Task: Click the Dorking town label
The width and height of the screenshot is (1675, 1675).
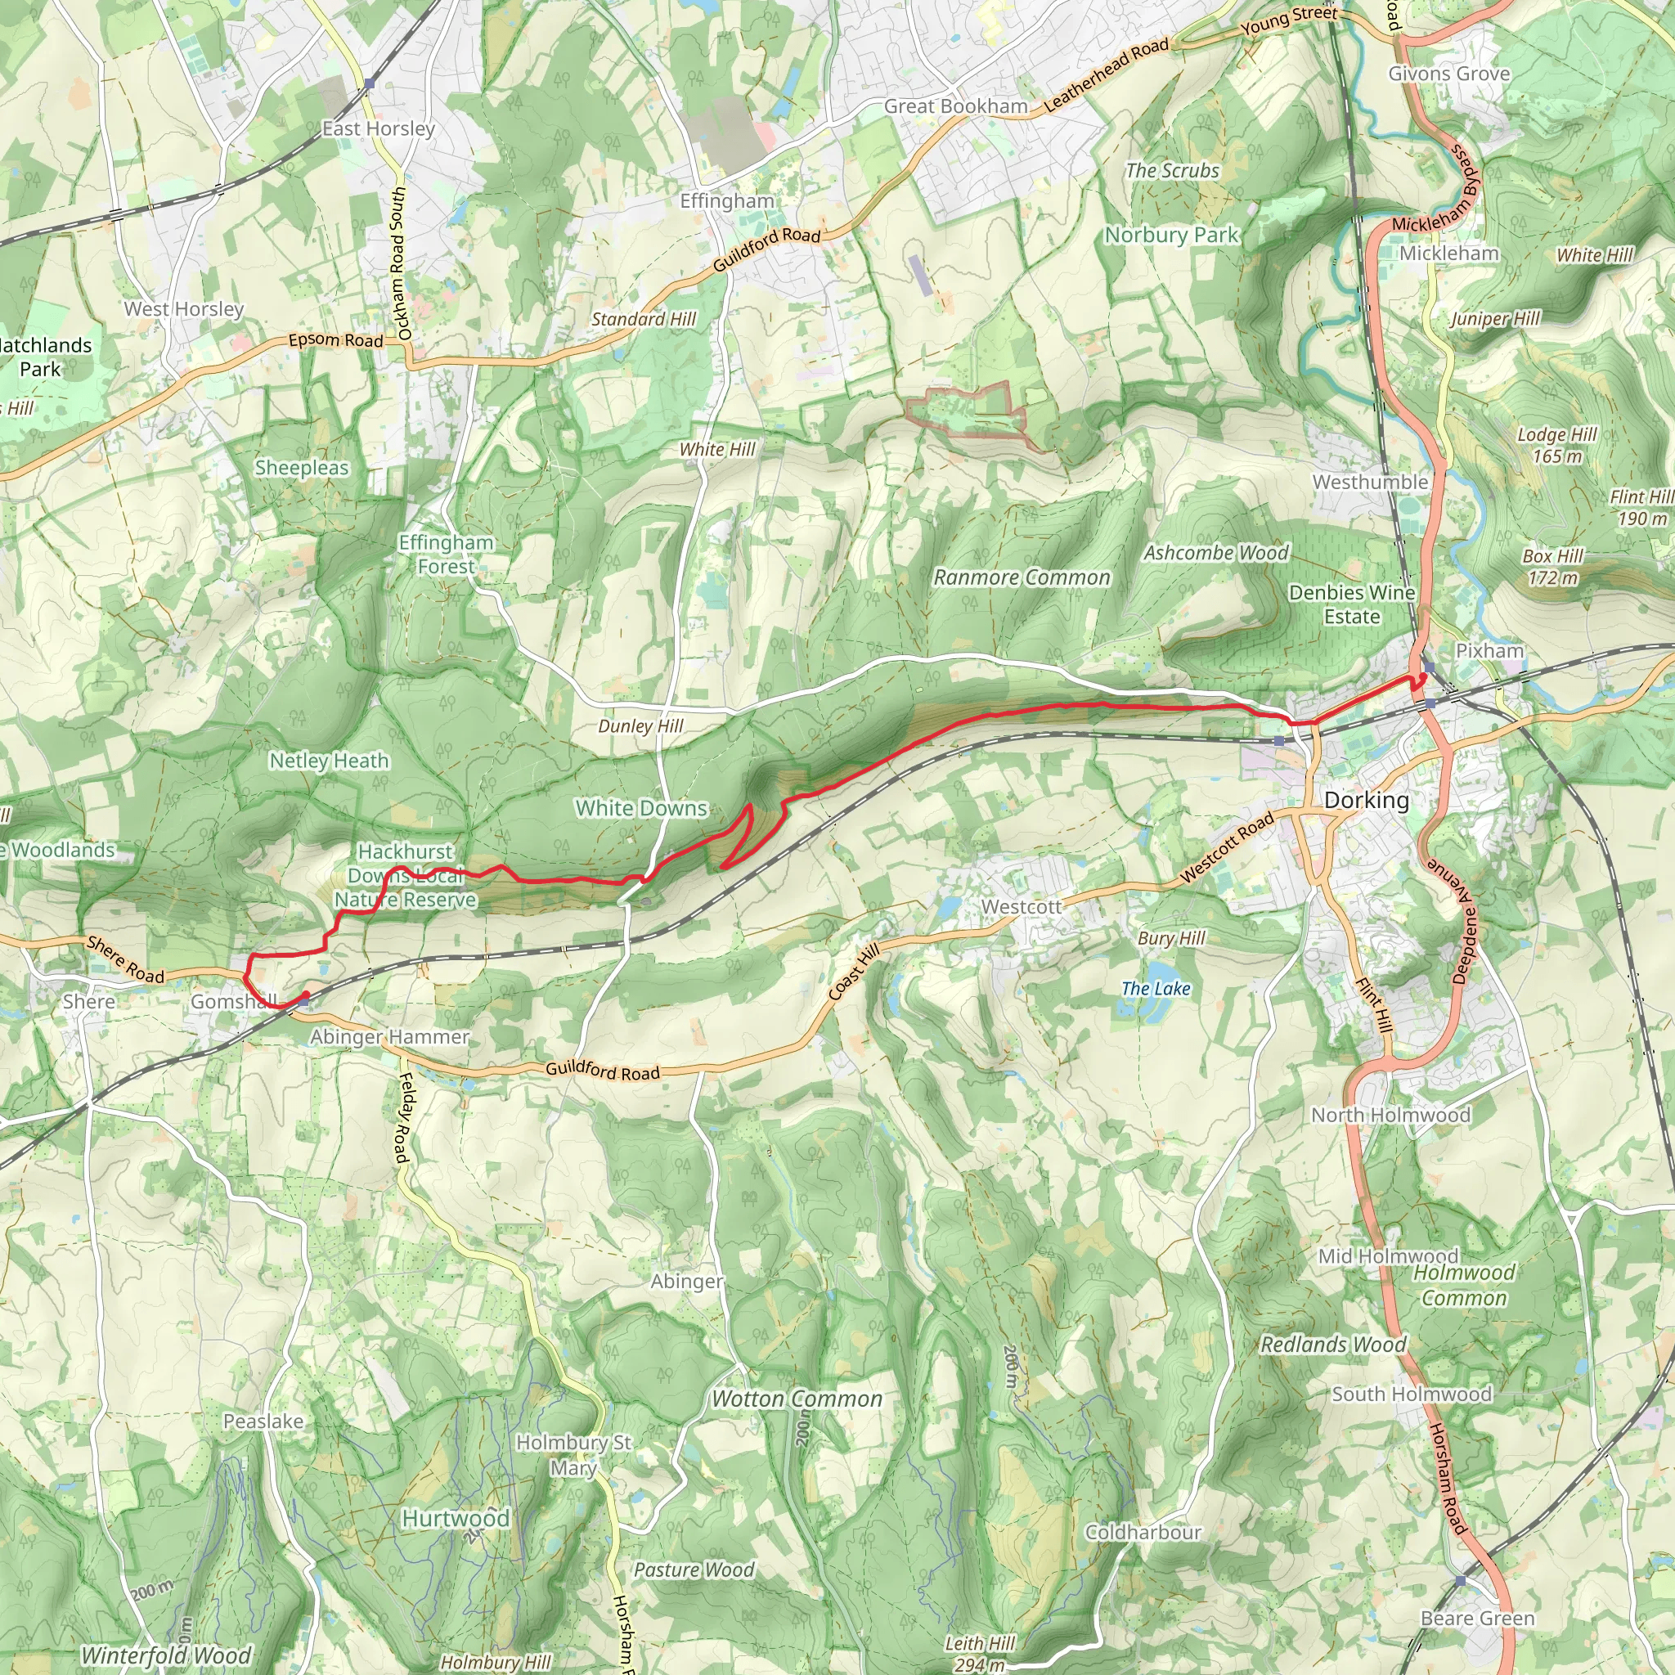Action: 1366,799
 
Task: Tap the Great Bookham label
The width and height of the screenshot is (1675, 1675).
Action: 955,106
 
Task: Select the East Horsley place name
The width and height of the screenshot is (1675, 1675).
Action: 378,128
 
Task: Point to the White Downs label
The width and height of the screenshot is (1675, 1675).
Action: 640,808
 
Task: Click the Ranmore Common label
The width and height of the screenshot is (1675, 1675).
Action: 1022,577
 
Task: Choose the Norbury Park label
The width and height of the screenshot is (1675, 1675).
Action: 1170,235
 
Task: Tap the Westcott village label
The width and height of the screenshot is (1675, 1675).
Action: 1021,906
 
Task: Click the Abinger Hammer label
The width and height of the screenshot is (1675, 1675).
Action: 389,1037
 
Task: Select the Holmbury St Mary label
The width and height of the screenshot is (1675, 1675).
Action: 573,1455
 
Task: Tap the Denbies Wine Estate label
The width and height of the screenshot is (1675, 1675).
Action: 1351,604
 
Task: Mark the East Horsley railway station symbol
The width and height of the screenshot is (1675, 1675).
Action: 370,84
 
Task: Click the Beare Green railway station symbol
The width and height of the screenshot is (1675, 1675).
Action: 1460,1580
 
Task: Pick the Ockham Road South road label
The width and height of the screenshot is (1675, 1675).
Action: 398,263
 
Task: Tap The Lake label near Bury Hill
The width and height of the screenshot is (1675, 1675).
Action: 1155,988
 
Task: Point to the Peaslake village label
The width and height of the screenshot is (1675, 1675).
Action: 263,1421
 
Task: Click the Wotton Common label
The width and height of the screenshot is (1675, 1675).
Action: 796,1399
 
